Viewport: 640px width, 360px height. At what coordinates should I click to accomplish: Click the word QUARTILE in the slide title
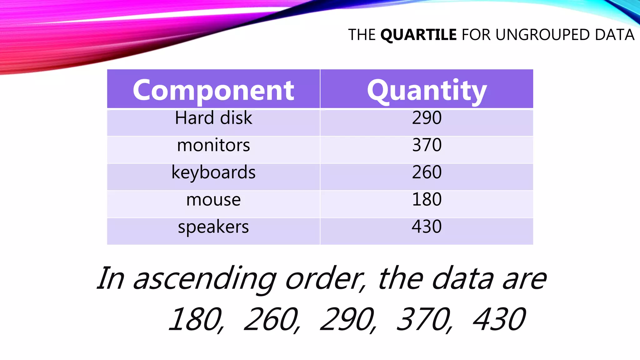(x=418, y=35)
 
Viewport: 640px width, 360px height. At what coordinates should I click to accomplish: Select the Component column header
(x=213, y=90)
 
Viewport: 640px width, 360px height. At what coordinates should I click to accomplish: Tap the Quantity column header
(x=427, y=90)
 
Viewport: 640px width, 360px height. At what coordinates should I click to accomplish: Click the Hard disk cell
(x=213, y=118)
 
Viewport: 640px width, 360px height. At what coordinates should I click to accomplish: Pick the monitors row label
(x=213, y=145)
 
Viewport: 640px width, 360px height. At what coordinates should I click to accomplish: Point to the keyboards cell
(x=213, y=172)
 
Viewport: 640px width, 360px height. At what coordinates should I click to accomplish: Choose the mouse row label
(x=213, y=200)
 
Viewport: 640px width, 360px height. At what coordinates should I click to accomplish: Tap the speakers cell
(x=213, y=227)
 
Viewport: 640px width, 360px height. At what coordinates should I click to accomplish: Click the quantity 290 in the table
(x=427, y=118)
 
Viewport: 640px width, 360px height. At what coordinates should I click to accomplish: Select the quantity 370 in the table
(x=427, y=145)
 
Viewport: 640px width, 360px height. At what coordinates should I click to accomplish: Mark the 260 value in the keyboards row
(x=427, y=172)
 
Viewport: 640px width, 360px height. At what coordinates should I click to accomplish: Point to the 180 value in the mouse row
(x=427, y=199)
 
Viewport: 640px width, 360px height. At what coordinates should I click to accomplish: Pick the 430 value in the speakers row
(x=427, y=227)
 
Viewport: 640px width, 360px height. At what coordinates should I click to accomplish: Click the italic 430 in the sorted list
(x=499, y=319)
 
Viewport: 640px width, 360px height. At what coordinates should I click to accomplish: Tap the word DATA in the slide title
(x=614, y=35)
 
